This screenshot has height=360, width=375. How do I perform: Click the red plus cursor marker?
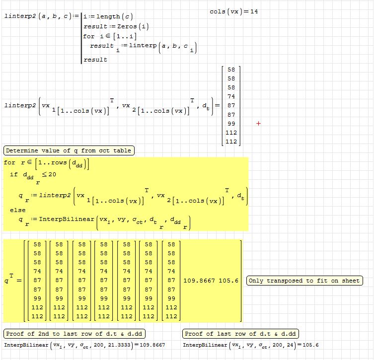[x=258, y=123]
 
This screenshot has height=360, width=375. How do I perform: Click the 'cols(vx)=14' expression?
[x=233, y=11]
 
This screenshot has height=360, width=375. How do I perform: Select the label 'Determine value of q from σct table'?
[x=69, y=150]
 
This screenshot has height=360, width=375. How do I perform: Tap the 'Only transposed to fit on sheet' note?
[x=303, y=281]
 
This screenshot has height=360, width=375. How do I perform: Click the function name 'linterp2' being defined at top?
[x=16, y=16]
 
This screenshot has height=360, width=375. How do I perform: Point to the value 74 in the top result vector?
[x=231, y=96]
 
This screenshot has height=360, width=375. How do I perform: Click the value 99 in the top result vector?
[x=231, y=124]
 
